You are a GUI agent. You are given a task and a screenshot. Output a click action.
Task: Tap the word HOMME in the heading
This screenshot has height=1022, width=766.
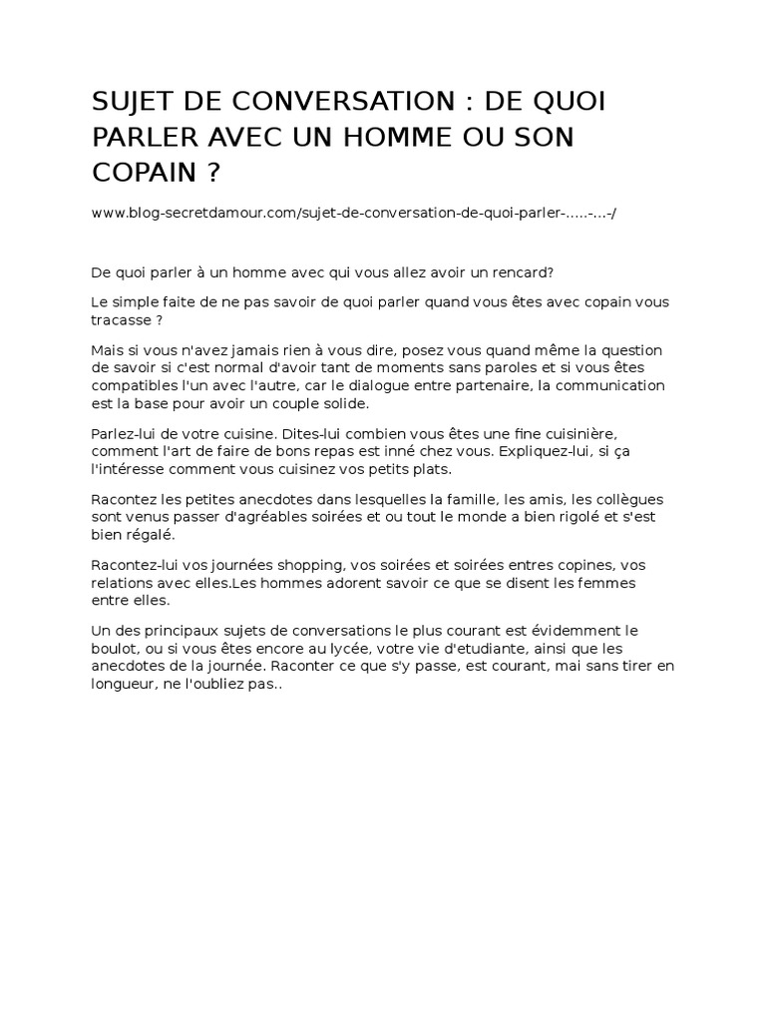pos(388,137)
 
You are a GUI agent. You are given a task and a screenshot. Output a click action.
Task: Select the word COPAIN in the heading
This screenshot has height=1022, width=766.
pos(143,172)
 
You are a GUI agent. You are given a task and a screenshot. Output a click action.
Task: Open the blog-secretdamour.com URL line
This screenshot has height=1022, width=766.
pos(353,214)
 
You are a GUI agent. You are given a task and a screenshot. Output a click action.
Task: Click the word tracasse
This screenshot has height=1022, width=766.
pos(124,319)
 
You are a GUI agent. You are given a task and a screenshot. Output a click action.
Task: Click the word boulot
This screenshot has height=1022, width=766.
pos(115,649)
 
